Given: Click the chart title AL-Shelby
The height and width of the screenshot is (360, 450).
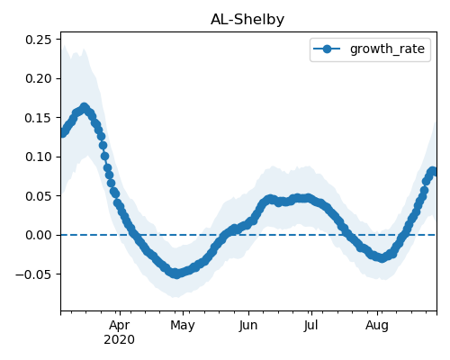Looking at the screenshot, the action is [247, 20].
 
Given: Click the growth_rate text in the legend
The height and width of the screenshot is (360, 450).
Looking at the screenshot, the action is [387, 49].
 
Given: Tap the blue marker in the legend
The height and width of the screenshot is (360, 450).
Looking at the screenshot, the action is [327, 49].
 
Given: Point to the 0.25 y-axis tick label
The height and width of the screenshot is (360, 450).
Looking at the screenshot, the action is [39, 40].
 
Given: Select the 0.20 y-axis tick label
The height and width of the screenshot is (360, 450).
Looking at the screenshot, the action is [39, 78].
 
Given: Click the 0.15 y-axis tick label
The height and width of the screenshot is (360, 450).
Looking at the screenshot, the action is [39, 118].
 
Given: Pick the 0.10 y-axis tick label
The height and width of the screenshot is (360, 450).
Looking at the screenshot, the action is [39, 157].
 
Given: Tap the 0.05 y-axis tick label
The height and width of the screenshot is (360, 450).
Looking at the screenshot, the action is [39, 196].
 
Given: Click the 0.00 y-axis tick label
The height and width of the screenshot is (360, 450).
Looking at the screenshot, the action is [39, 235].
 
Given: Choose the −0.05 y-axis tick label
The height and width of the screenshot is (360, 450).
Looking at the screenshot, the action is [33, 274].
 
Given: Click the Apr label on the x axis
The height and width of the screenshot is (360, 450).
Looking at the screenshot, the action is [120, 326].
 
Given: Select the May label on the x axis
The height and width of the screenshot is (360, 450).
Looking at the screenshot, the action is [183, 326].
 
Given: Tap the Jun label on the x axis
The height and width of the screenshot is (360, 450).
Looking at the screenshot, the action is [248, 326].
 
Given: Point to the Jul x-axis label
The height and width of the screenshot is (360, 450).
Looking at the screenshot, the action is [311, 326].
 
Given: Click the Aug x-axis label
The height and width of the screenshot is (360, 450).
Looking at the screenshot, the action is [377, 326].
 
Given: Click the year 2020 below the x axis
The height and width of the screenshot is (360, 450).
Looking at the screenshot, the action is [119, 340].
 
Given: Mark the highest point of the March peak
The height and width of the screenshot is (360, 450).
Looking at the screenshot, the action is [85, 107].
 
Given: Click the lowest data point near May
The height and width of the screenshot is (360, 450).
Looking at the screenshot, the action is [176, 274].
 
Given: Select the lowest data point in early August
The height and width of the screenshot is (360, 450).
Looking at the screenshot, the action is [382, 258].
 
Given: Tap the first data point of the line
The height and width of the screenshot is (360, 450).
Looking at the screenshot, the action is [62, 133].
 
